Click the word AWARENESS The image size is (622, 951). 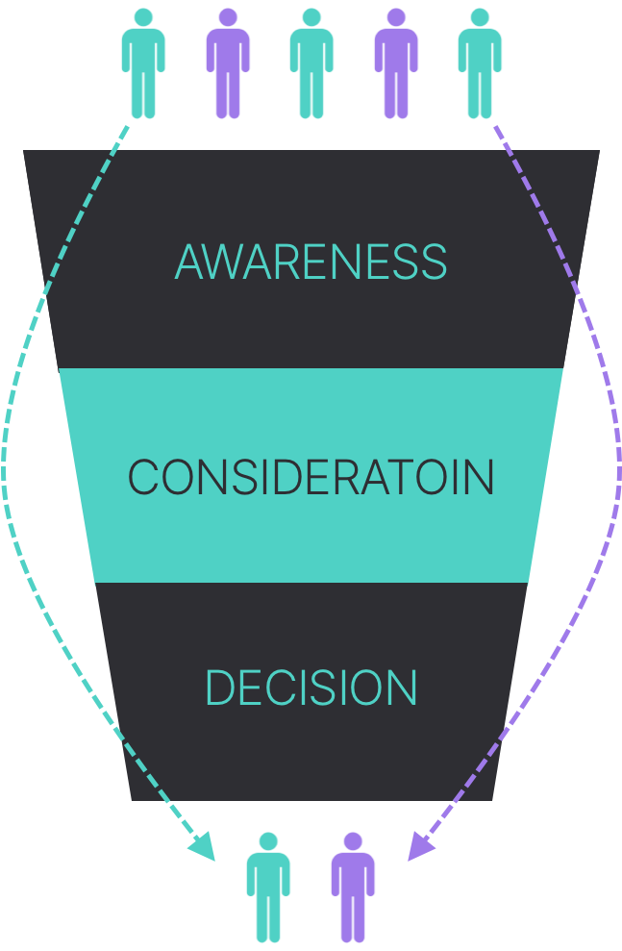point(311,262)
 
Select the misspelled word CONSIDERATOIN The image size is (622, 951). point(311,477)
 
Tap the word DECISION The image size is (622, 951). point(311,688)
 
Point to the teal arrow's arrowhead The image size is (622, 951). point(204,847)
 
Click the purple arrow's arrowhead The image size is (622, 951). point(418,847)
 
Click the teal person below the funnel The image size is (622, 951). point(268,889)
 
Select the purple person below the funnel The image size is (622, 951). point(353,889)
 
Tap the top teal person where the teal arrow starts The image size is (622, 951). point(143,65)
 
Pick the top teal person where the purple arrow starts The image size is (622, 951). point(480,65)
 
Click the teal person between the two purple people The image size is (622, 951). point(311,65)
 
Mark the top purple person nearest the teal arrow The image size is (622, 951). point(228,65)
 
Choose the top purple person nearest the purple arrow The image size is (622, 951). point(396,65)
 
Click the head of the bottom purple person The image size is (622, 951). point(353,841)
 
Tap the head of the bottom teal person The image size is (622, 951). point(268,841)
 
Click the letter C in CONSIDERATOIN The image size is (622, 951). point(143,477)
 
